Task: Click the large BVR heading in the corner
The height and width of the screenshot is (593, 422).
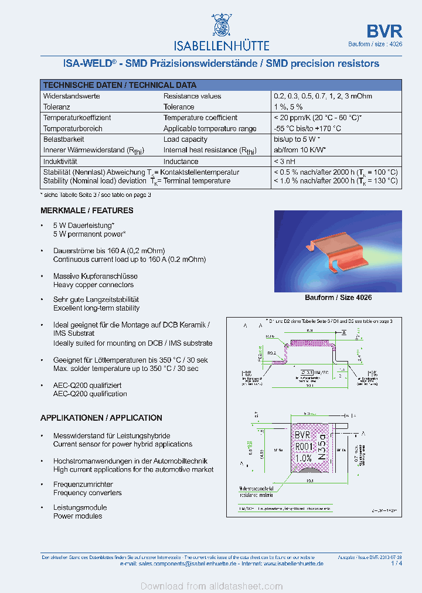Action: [384, 31]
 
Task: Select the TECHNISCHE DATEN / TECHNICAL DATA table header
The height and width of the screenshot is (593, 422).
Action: [120, 85]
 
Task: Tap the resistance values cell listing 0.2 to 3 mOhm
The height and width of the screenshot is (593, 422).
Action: [322, 96]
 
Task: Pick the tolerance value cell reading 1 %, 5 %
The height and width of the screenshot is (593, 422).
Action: [288, 107]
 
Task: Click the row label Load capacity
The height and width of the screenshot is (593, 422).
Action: [185, 139]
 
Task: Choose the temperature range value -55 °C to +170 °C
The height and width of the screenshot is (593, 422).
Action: [307, 128]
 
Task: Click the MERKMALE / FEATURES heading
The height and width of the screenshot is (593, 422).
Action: [87, 210]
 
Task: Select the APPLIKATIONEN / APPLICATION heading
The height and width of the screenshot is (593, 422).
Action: [101, 418]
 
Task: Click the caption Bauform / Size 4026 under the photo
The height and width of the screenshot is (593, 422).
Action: [338, 298]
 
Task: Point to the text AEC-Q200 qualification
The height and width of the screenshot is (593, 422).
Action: [90, 394]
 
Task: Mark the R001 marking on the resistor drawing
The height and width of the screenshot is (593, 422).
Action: [303, 447]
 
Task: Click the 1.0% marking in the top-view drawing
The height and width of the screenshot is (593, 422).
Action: [303, 458]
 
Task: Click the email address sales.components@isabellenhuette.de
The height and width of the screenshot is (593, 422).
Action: [187, 563]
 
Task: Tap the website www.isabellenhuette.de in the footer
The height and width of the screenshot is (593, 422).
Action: [294, 563]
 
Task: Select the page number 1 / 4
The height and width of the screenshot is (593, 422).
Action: [397, 563]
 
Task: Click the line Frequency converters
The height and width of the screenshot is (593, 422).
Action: [79, 493]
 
